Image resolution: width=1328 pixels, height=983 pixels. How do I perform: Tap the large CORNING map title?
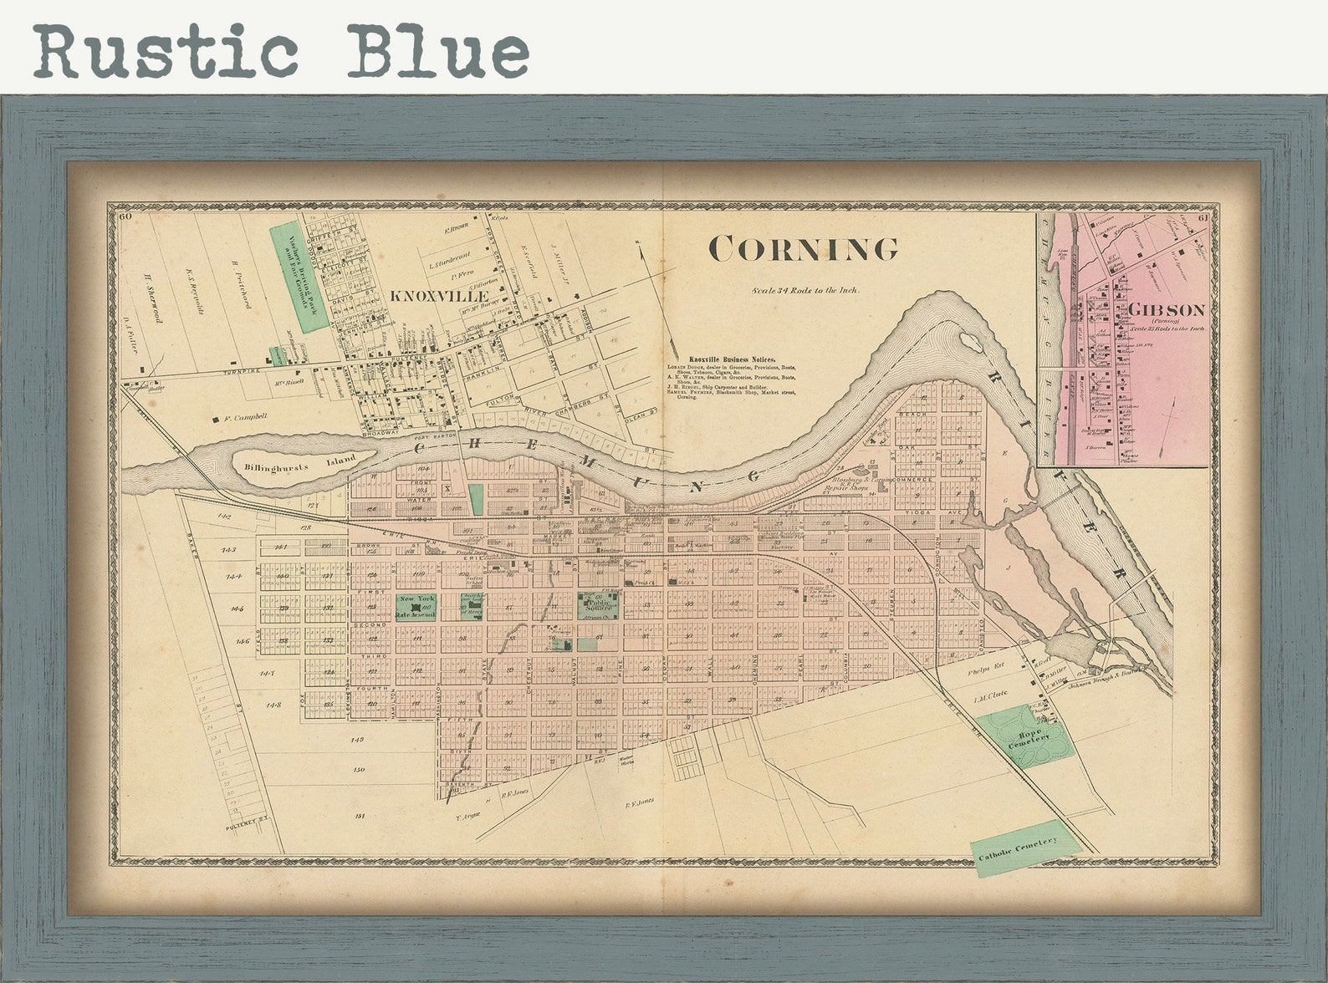coord(803,248)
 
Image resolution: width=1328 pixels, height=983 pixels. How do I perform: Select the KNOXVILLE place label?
coord(439,296)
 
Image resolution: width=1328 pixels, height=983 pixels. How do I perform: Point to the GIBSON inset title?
coord(1167,310)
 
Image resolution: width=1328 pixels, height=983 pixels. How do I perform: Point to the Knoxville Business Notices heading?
coord(732,359)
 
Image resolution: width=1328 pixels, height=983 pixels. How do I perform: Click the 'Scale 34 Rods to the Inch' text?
coord(805,290)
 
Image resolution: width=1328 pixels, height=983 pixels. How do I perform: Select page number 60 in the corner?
coord(126,217)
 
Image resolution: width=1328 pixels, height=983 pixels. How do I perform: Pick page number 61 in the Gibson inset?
coord(1203,219)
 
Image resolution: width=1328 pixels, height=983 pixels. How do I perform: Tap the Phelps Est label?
coord(983,670)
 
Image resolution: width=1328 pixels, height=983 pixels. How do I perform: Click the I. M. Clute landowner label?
coord(990,694)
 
